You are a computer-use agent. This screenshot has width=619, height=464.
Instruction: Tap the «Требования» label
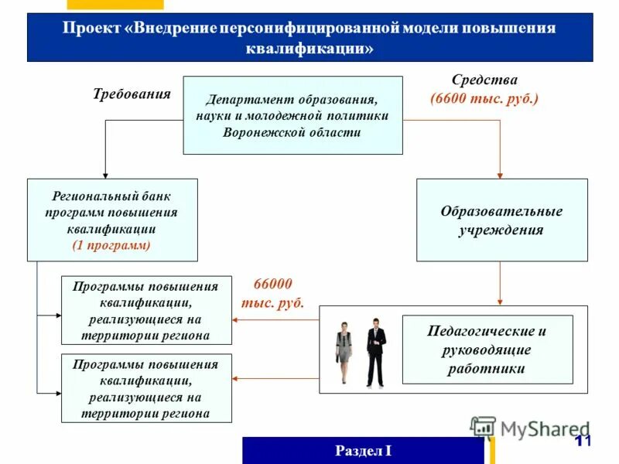[x=132, y=94]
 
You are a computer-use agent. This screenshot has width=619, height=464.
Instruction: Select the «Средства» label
[x=484, y=80]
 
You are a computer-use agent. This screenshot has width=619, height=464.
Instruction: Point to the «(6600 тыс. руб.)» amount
[x=484, y=99]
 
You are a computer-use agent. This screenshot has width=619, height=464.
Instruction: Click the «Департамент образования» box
[x=292, y=115]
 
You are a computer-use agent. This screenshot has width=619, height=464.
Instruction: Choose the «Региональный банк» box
[x=112, y=220]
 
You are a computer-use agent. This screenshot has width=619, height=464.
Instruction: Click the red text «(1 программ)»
[x=112, y=245]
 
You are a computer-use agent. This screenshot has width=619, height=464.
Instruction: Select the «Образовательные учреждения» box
[x=501, y=220]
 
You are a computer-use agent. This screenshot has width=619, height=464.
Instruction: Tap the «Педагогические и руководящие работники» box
[x=487, y=350]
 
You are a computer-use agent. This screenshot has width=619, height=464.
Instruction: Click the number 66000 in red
[x=273, y=284]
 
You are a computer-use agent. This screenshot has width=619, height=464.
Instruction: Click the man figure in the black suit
[x=376, y=352]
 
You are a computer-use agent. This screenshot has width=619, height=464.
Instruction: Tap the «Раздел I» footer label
[x=364, y=451]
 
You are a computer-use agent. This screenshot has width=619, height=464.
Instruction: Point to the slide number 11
[x=583, y=441]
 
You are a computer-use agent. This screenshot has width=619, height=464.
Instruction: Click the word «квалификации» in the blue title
[x=309, y=48]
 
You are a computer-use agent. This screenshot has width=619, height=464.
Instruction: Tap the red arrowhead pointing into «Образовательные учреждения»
[x=501, y=175]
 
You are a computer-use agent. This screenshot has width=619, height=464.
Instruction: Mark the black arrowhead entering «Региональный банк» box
[x=104, y=175]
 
